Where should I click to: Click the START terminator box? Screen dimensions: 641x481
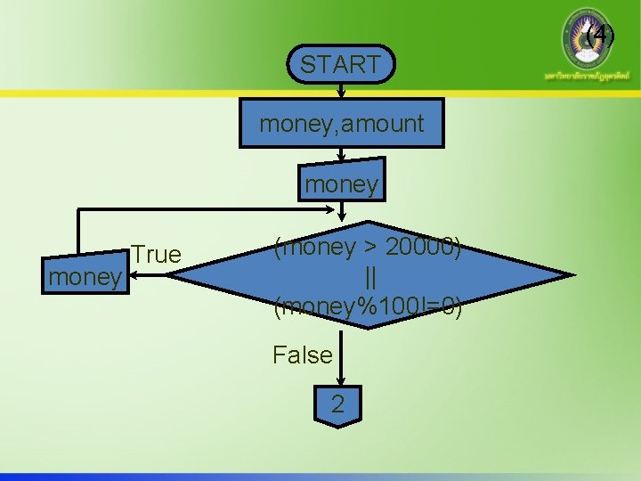[x=341, y=64]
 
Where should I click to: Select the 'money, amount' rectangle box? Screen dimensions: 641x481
[x=342, y=124]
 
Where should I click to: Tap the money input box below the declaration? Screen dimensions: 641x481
[x=342, y=183]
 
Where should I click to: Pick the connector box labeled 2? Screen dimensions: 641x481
[x=337, y=405]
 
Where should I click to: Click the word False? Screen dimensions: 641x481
[x=303, y=355]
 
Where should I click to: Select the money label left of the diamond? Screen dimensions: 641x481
[x=85, y=277]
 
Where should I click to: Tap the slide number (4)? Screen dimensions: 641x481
[x=601, y=36]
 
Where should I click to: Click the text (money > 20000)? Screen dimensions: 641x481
[x=367, y=247]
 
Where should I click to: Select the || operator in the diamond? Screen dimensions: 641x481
[x=367, y=276]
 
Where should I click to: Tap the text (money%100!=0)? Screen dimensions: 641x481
[x=367, y=307]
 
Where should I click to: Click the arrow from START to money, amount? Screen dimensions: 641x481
[x=341, y=93]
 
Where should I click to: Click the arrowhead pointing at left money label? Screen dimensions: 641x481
[x=129, y=277]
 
